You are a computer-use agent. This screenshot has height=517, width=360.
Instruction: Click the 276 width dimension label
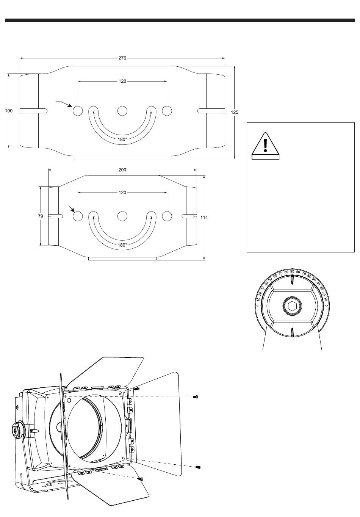pyautogui.click(x=122, y=58)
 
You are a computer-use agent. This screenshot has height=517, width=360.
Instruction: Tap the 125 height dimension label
pyautogui.click(x=235, y=113)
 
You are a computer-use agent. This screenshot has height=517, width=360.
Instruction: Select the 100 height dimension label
pyautogui.click(x=9, y=111)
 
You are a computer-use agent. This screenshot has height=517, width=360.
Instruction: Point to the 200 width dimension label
pyautogui.click(x=122, y=170)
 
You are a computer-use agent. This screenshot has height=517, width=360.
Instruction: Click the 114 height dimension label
pyautogui.click(x=204, y=218)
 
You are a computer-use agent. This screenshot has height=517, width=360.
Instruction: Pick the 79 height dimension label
pyautogui.click(x=41, y=216)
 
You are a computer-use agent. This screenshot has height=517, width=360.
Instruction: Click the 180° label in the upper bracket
pyautogui.click(x=122, y=139)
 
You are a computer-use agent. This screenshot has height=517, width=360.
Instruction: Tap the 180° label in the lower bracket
pyautogui.click(x=122, y=245)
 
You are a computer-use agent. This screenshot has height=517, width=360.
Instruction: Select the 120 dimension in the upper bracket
pyautogui.click(x=122, y=81)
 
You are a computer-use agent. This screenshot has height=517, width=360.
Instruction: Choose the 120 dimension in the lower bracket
pyautogui.click(x=122, y=193)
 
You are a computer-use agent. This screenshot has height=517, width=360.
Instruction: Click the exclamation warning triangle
pyautogui.click(x=265, y=146)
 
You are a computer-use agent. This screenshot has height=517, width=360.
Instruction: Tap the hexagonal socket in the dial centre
pyautogui.click(x=292, y=306)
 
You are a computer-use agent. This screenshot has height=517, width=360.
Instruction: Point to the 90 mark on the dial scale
pyautogui.click(x=292, y=271)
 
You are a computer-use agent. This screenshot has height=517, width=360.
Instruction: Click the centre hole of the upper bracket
pyautogui.click(x=122, y=111)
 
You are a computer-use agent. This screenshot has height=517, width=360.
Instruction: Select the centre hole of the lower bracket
pyautogui.click(x=122, y=216)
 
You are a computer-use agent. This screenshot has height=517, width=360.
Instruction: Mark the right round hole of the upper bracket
pyautogui.click(x=167, y=111)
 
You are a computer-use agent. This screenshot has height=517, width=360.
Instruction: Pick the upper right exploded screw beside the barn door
pyautogui.click(x=196, y=397)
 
